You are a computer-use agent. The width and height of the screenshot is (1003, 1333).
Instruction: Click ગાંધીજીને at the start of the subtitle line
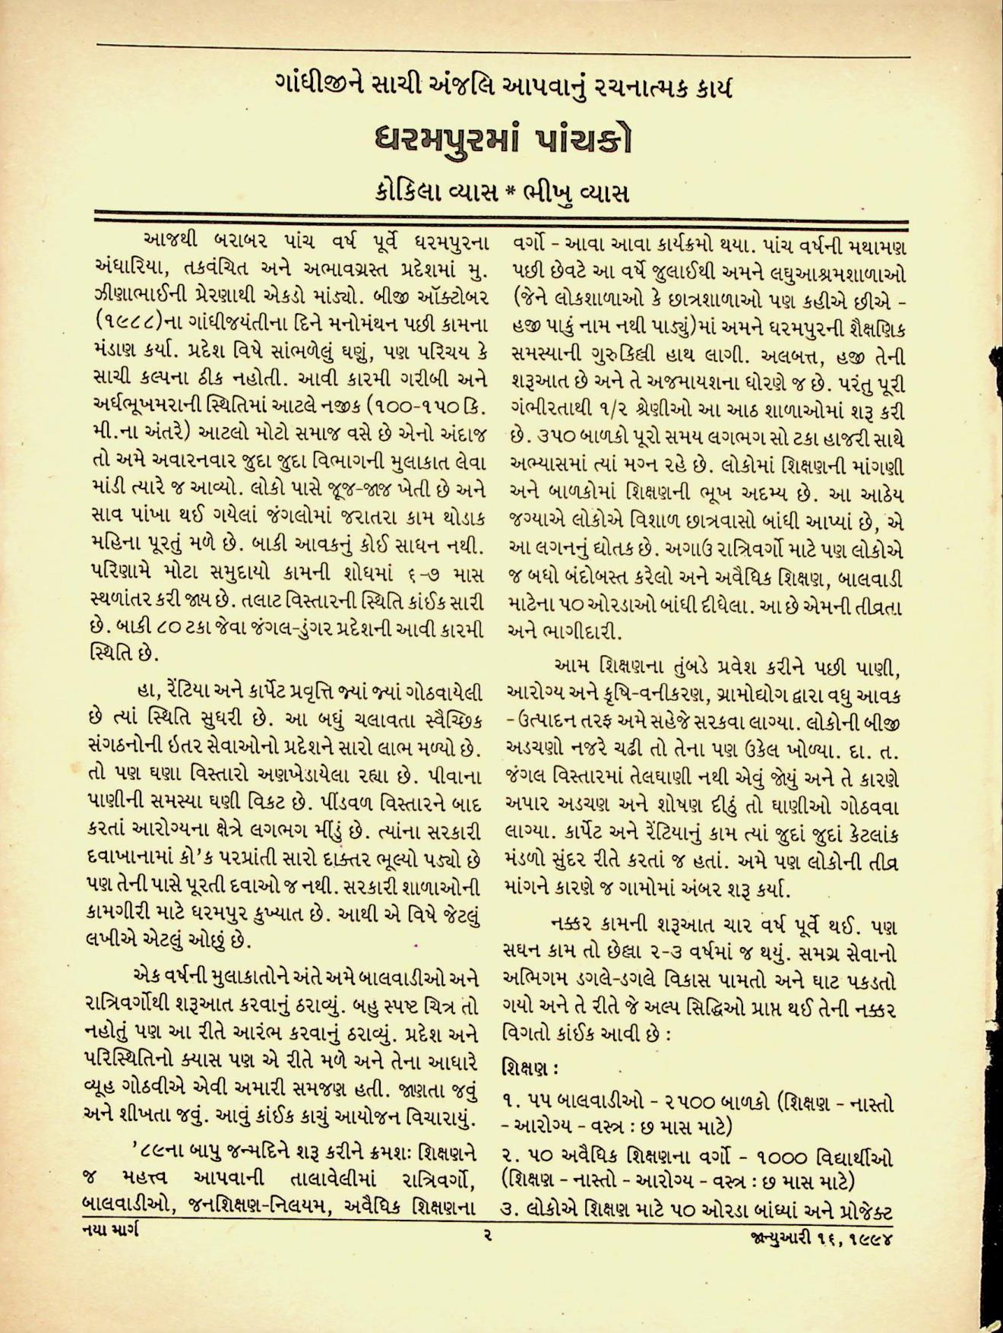point(321,87)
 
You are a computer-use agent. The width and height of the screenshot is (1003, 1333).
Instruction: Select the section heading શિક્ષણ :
point(531,1068)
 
